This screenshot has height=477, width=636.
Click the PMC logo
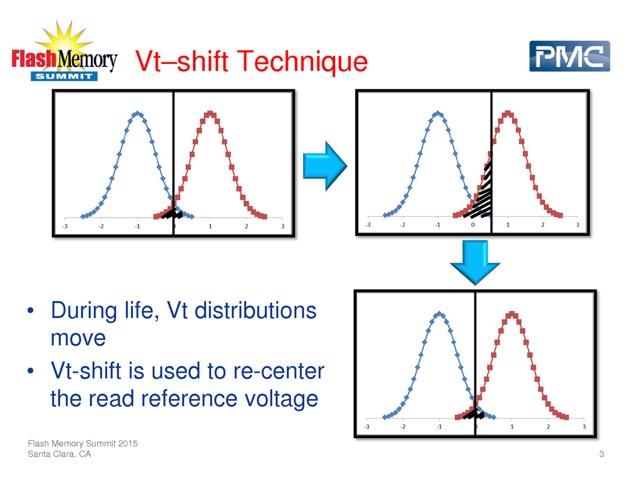(x=569, y=56)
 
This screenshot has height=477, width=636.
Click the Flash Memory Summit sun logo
(x=65, y=51)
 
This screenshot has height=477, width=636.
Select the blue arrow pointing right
(x=325, y=166)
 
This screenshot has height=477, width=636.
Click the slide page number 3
(x=602, y=454)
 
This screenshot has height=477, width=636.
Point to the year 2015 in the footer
(x=128, y=443)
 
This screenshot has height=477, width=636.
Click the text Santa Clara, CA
(x=59, y=454)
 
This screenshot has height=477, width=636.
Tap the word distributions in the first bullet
(x=255, y=311)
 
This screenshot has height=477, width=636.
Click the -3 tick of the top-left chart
(x=65, y=226)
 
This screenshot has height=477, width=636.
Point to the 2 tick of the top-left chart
(x=246, y=226)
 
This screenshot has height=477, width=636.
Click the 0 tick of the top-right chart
(x=473, y=224)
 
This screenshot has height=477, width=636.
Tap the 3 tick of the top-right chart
(x=578, y=224)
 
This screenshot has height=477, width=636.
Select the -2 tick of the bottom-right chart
(x=403, y=426)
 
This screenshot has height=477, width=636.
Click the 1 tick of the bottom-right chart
(x=512, y=426)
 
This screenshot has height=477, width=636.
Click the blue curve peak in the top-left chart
(x=138, y=113)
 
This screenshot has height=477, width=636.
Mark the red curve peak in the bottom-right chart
(x=512, y=314)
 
